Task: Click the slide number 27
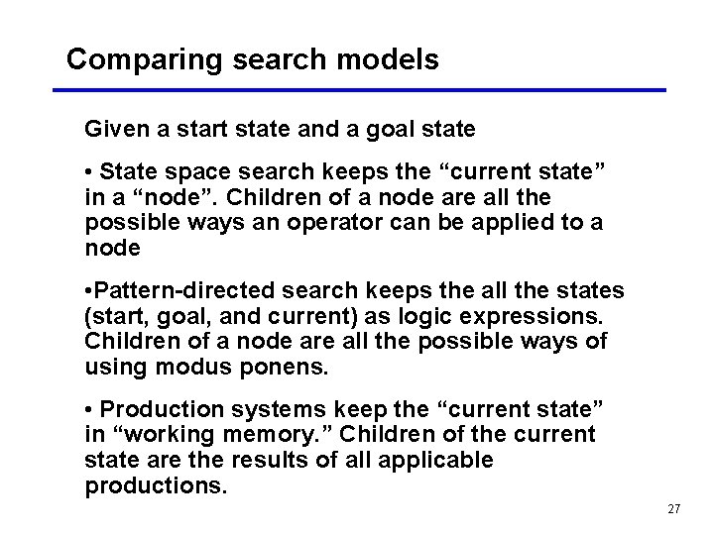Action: pyautogui.click(x=674, y=509)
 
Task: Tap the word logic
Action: pyautogui.click(x=422, y=317)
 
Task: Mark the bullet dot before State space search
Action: pyautogui.click(x=90, y=171)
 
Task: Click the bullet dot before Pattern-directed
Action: pyautogui.click(x=89, y=291)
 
